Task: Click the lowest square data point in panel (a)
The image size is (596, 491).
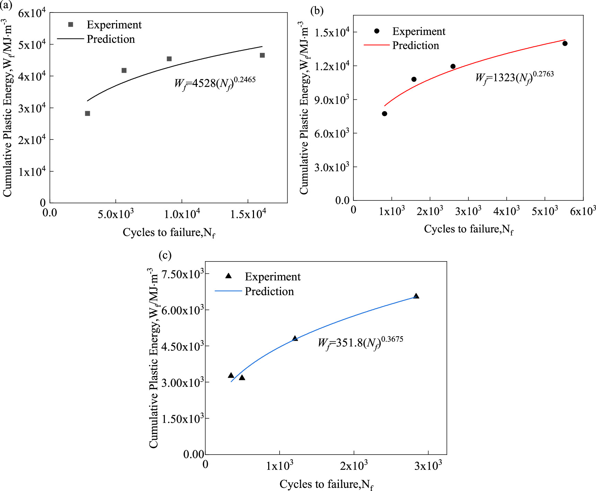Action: [x=87, y=114]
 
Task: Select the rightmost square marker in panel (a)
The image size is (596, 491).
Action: [x=262, y=55]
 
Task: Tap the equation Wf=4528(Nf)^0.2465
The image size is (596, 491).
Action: [x=215, y=83]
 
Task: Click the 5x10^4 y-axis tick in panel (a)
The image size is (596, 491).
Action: [x=32, y=45]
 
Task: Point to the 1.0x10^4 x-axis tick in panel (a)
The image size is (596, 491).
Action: [x=182, y=214]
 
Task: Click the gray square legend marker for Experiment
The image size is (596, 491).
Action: [x=71, y=25]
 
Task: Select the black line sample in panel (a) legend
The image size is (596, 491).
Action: [x=70, y=39]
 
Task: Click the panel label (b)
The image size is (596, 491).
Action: [x=317, y=11]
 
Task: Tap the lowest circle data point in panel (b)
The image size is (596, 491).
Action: [x=385, y=114]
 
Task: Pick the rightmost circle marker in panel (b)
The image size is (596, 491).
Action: [x=565, y=44]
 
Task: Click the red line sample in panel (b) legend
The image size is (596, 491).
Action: [x=377, y=45]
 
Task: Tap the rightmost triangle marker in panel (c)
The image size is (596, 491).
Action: [x=416, y=296]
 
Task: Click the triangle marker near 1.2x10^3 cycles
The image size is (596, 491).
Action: [x=295, y=338]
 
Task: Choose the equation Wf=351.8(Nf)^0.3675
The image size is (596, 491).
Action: [x=360, y=343]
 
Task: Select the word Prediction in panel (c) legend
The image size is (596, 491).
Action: [x=269, y=292]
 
